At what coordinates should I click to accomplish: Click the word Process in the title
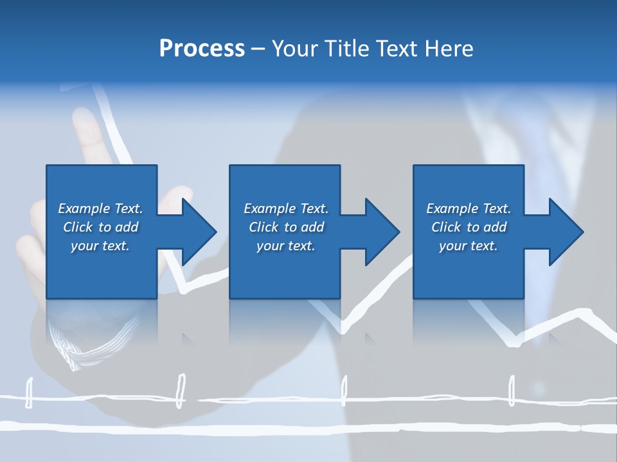pos(202,49)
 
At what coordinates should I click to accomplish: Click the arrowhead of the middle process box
pos(381,232)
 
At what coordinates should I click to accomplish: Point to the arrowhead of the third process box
pos(565,232)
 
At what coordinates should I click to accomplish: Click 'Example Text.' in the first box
pos(100,209)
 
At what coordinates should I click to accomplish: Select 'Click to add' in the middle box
pos(286,227)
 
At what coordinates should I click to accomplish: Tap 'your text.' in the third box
pos(468,246)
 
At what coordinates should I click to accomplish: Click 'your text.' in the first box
pos(100,246)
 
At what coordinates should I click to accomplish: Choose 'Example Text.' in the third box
pos(468,209)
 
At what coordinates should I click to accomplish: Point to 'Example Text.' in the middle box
pos(286,209)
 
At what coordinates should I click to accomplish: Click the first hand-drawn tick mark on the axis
pos(28,393)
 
